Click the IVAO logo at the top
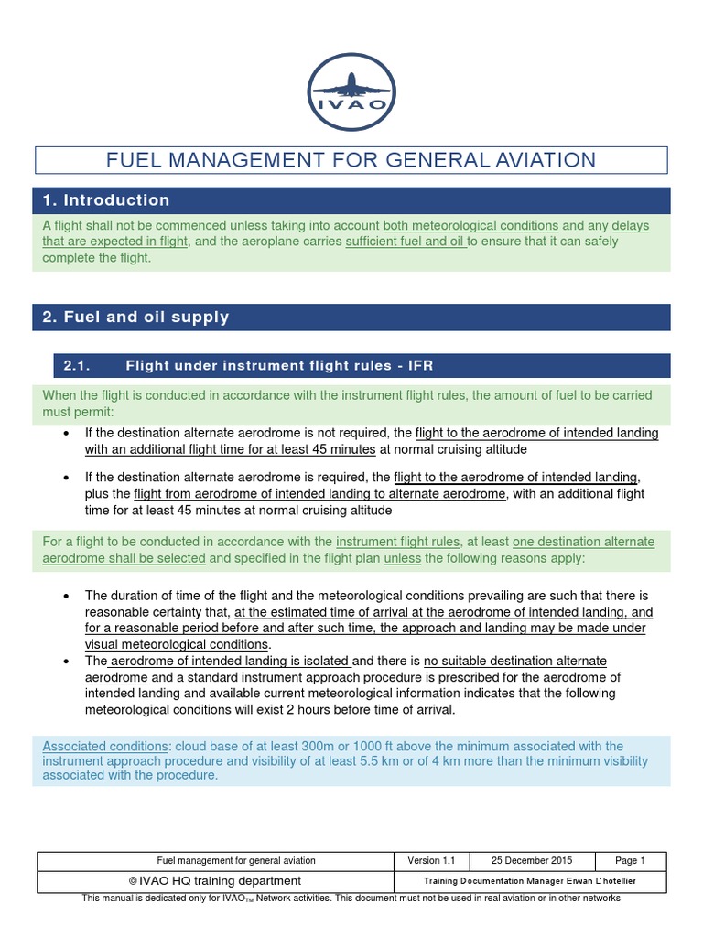click(x=352, y=92)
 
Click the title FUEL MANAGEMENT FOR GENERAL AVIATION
click(x=351, y=160)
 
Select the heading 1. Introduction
click(x=106, y=200)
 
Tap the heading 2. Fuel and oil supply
click(x=135, y=318)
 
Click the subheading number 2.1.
click(x=75, y=366)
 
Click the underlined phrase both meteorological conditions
click(x=470, y=225)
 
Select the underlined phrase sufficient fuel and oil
click(x=406, y=242)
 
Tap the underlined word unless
click(x=402, y=558)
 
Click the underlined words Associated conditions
click(x=105, y=746)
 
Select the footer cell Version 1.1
click(x=431, y=861)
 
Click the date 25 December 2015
click(x=532, y=861)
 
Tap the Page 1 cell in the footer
click(x=631, y=861)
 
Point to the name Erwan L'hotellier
click(x=600, y=881)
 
